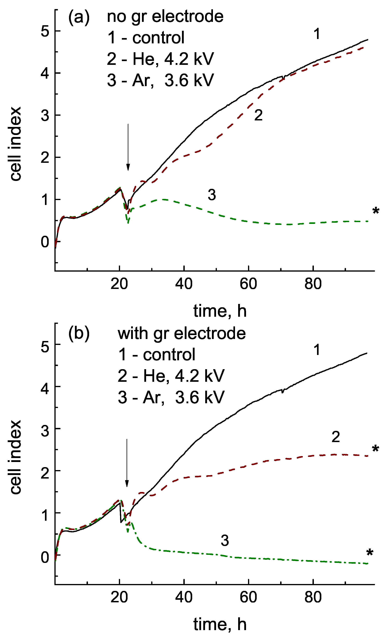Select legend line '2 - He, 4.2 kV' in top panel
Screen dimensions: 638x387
(x=160, y=59)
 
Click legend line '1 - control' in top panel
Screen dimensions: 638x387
(x=146, y=38)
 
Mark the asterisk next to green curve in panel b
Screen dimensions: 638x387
(x=370, y=552)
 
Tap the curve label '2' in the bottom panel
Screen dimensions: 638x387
(x=336, y=437)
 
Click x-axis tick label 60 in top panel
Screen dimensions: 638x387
(x=248, y=284)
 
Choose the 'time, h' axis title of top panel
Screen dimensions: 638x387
(x=220, y=311)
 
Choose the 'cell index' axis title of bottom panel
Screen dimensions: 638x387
(x=16, y=457)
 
